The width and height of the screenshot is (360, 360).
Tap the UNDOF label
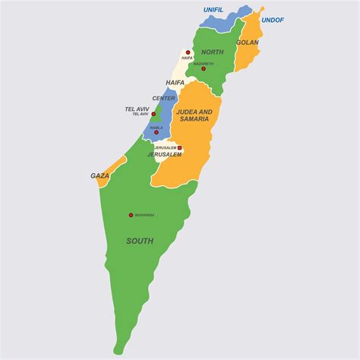273,20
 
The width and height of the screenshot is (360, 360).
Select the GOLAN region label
248,43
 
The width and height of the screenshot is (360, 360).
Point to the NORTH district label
213,52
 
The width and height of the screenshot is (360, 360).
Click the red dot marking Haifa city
188,52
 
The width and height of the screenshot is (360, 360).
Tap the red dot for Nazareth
204,69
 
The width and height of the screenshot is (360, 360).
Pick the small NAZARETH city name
204,64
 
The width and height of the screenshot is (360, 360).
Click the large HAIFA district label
175,82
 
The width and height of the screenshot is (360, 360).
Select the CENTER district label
164,98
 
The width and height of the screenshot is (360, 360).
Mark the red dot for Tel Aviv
153,115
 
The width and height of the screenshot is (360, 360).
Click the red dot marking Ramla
156,132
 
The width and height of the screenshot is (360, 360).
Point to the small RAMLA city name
156,128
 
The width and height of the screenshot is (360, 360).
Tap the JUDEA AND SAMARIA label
194,115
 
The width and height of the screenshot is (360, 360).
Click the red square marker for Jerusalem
180,148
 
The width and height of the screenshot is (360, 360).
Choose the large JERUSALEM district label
165,154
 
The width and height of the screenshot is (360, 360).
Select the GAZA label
100,175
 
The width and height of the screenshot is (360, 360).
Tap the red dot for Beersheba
131,215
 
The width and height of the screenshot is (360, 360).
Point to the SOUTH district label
140,241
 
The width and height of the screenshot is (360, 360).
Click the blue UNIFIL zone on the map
224,21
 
